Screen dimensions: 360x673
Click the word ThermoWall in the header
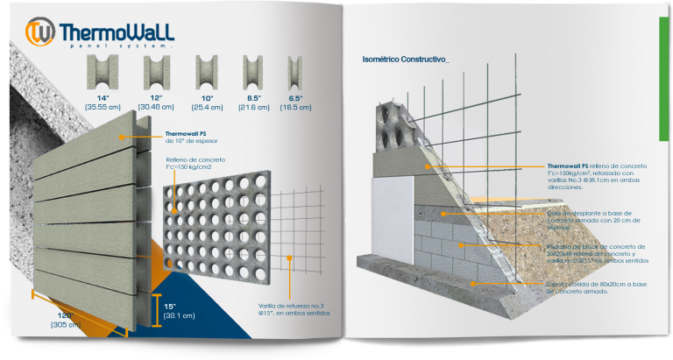[116, 33]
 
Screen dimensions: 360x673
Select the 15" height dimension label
[171, 306]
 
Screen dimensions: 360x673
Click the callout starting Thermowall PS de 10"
[192, 137]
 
